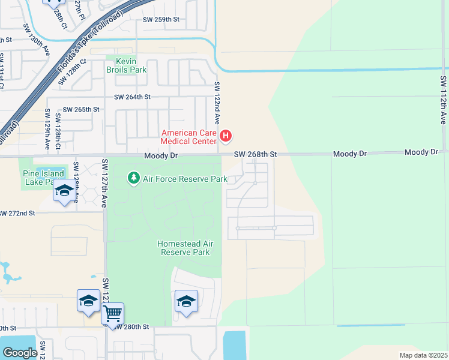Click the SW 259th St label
click(x=161, y=19)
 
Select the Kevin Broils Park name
click(x=126, y=65)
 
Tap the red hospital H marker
click(x=226, y=137)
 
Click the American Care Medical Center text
click(x=188, y=137)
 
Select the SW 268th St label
click(x=255, y=154)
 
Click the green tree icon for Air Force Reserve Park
click(x=133, y=178)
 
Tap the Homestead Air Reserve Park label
click(x=184, y=248)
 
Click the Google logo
click(x=20, y=353)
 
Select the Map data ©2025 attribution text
click(x=423, y=355)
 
